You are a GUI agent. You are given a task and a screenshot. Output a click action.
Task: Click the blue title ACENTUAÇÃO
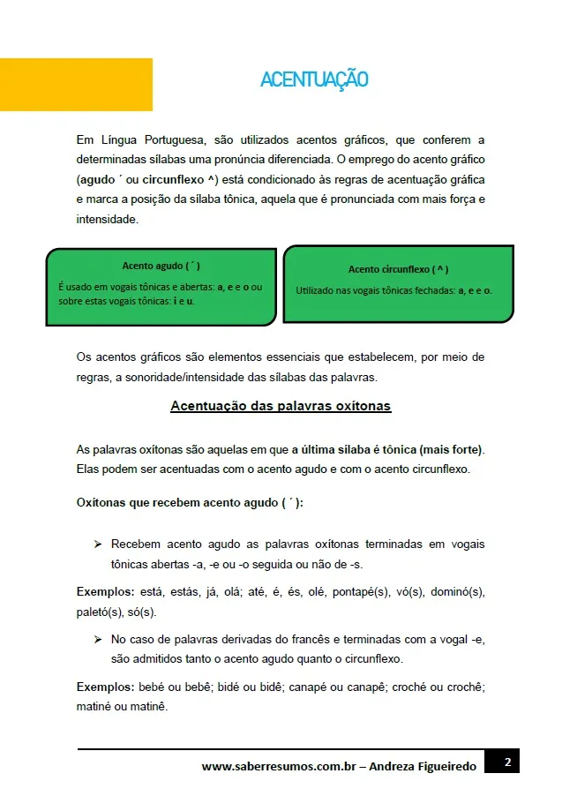point(314,80)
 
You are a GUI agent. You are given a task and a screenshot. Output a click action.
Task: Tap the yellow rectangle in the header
point(76,85)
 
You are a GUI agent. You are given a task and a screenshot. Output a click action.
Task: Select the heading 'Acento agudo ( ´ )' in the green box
point(161,266)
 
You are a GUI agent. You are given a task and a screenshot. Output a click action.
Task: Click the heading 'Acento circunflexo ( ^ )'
point(398,269)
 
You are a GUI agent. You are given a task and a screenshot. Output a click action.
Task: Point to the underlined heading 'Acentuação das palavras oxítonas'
point(281,406)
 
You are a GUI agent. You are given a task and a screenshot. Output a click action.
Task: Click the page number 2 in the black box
point(507,762)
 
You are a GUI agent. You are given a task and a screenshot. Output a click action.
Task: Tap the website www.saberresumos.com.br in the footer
point(278,767)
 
